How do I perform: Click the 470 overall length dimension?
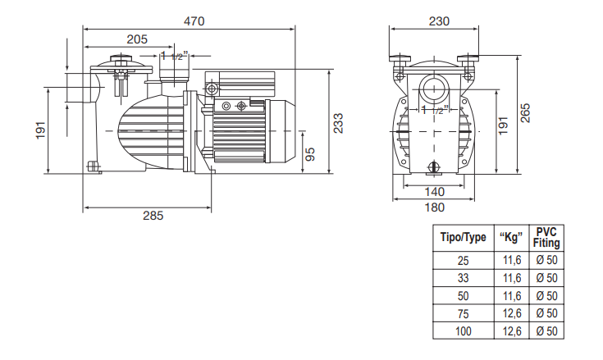(194, 21)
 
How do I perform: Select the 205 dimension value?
(137, 39)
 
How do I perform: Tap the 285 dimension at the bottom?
(153, 216)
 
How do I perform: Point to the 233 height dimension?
(338, 123)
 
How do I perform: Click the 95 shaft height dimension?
(309, 154)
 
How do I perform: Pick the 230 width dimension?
(439, 21)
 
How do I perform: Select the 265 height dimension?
(525, 113)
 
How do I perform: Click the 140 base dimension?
(435, 192)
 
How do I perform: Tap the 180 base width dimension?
(435, 207)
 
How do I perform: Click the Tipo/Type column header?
(463, 237)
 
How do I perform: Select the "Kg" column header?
(511, 237)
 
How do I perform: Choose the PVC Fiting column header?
(546, 238)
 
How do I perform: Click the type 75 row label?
(463, 314)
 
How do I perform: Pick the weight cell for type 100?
(512, 331)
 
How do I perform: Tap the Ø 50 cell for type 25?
(546, 260)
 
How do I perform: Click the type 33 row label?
(463, 278)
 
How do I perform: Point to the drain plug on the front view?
(434, 167)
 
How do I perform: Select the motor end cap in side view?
(280, 131)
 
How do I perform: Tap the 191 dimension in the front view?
(503, 125)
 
